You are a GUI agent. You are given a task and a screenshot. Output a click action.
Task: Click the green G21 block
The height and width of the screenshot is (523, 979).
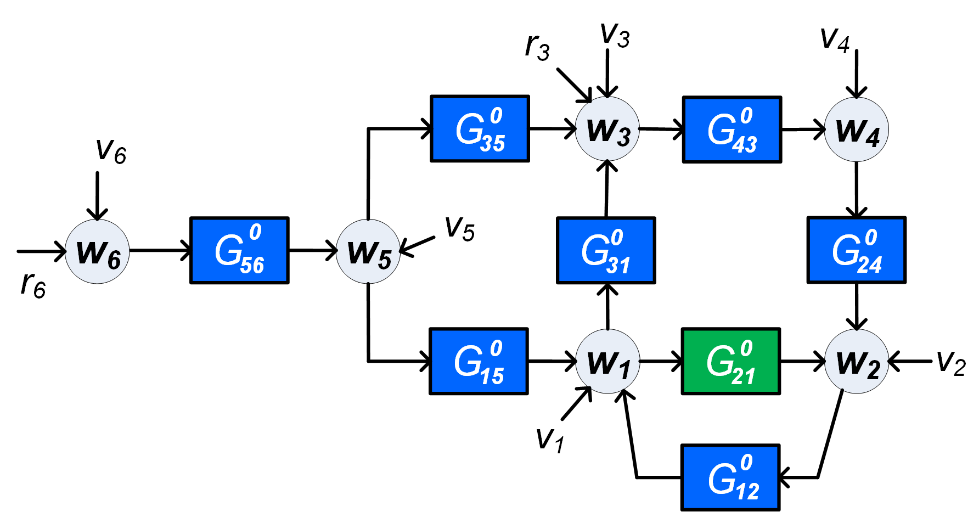[x=730, y=361]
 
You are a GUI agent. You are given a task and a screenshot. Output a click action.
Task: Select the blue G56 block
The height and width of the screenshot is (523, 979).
[x=239, y=250]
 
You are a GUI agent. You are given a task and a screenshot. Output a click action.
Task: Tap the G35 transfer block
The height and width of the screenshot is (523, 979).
[x=480, y=129]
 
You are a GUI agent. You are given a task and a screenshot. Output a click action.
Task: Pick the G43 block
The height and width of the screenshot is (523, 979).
[x=732, y=130]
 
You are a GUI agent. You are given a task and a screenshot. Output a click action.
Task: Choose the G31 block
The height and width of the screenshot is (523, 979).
[x=606, y=250]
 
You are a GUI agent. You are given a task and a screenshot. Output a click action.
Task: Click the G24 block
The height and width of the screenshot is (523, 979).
[x=856, y=250]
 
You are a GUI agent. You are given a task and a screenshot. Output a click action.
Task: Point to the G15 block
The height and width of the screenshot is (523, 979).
[x=479, y=361]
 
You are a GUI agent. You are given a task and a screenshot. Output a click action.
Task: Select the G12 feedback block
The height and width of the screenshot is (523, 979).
[x=730, y=477]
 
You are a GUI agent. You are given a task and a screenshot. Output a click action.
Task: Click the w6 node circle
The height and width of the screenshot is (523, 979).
[x=97, y=251]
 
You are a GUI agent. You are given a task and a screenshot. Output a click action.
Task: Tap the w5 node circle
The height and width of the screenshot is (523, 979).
[x=368, y=251]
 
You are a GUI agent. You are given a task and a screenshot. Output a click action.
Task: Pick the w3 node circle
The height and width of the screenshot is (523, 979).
[x=607, y=130]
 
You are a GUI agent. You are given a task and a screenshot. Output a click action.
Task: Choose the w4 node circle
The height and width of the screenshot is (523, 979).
[x=856, y=130]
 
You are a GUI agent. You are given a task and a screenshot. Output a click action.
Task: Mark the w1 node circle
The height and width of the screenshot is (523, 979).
[x=607, y=361]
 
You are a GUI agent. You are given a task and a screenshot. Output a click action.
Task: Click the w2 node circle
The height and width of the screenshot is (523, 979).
[x=856, y=361]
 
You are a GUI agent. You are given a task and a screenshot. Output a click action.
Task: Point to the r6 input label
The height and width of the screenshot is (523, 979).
[x=33, y=284]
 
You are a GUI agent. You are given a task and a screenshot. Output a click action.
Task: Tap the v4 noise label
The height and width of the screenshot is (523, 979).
[x=834, y=40]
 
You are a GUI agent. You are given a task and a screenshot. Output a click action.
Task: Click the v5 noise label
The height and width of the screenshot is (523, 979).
[x=459, y=228]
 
